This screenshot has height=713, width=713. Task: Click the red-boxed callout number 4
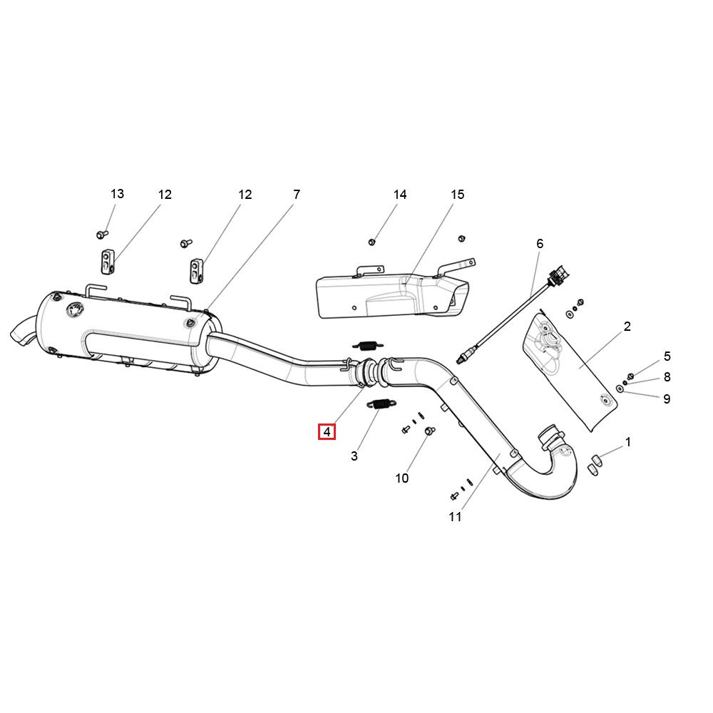pos(327,431)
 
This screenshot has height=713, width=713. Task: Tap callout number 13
pos(117,194)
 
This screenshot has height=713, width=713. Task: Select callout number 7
pos(297,194)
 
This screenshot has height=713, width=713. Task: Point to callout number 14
pos(400,195)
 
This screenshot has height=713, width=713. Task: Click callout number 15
pos(457,195)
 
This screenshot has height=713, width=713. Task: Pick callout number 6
pos(540,244)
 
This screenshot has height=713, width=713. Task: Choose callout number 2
pos(627,327)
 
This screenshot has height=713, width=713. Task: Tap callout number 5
pos(667,356)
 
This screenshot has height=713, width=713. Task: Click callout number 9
pos(667,399)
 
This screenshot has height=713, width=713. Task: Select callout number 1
pos(627,442)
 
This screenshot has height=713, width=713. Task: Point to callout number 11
pos(456,518)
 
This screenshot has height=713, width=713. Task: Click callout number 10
pos(402,478)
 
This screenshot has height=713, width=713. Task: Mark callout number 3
pos(354,456)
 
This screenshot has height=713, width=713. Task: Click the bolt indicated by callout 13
pos(101,234)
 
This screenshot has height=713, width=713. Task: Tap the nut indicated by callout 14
pos(371,242)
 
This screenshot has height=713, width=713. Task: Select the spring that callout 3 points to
pos(378,404)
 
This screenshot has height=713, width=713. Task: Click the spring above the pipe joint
pos(365,345)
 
